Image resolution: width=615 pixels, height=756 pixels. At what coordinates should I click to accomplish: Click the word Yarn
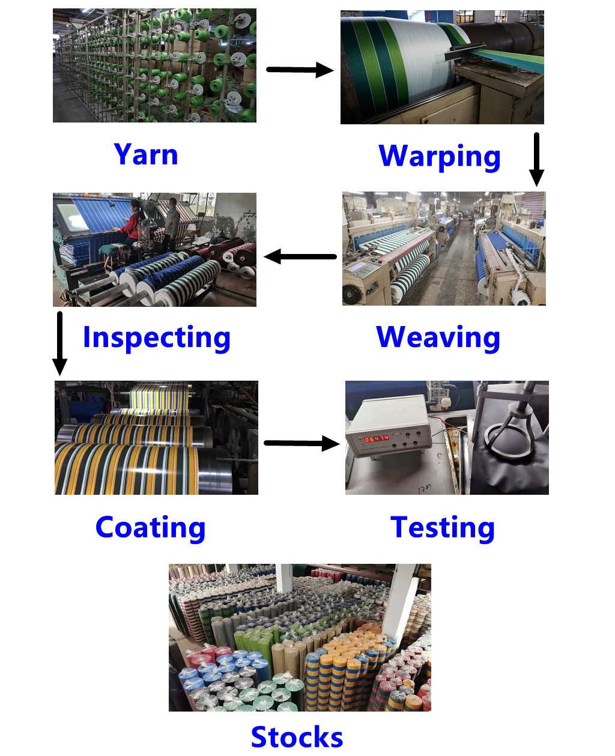146,154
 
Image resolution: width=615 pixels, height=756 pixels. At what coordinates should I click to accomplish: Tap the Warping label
440,156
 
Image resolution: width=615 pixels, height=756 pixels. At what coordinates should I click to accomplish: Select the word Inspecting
156,337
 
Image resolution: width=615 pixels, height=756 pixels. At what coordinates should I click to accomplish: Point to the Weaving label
438,337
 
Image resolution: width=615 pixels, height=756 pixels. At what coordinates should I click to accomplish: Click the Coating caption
150,527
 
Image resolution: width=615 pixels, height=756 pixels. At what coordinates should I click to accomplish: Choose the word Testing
443,527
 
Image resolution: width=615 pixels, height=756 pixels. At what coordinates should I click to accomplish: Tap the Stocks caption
297,736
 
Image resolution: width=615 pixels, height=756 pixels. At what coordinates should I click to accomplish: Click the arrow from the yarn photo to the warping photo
299,70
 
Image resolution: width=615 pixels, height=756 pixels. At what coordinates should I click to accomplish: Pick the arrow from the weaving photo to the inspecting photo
300,257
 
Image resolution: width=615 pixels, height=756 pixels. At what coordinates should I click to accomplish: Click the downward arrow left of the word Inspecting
59,343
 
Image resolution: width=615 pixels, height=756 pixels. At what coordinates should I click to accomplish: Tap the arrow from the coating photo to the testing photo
301,444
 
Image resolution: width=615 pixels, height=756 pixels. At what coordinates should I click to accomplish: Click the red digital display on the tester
377,439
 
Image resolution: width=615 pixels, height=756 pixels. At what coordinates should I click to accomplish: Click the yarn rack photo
154,65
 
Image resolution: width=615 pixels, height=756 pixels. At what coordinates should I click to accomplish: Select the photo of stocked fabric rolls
300,638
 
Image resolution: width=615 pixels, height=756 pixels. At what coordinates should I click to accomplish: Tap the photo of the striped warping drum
442,67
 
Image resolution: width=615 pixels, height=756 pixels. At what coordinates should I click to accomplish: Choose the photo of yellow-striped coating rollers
156,438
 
